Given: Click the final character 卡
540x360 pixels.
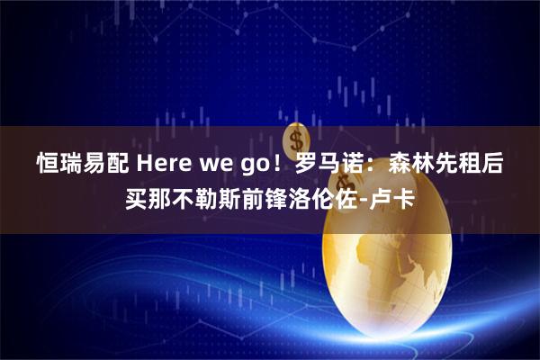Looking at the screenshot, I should pyautogui.click(x=406, y=196).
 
